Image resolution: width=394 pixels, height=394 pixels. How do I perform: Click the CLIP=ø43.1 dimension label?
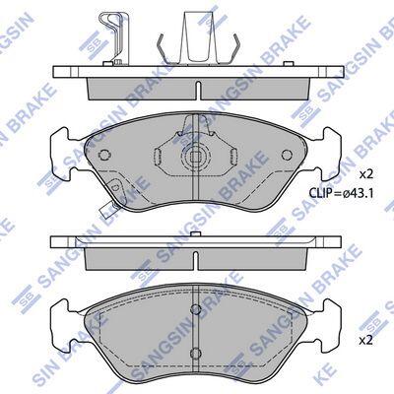[x=341, y=193]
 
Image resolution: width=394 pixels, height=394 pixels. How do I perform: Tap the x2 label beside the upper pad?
[x=365, y=174]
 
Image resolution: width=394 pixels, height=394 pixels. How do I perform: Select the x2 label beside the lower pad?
[x=365, y=341]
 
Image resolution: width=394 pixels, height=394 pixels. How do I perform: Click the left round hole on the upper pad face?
[x=104, y=155]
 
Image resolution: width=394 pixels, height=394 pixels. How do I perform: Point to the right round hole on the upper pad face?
[x=287, y=155]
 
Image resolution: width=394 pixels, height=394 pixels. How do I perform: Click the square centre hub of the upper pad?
[x=196, y=156]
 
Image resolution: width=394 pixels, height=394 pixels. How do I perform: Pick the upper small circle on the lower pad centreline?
[x=196, y=308]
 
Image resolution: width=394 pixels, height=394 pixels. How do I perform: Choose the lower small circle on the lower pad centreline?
[x=196, y=353]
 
